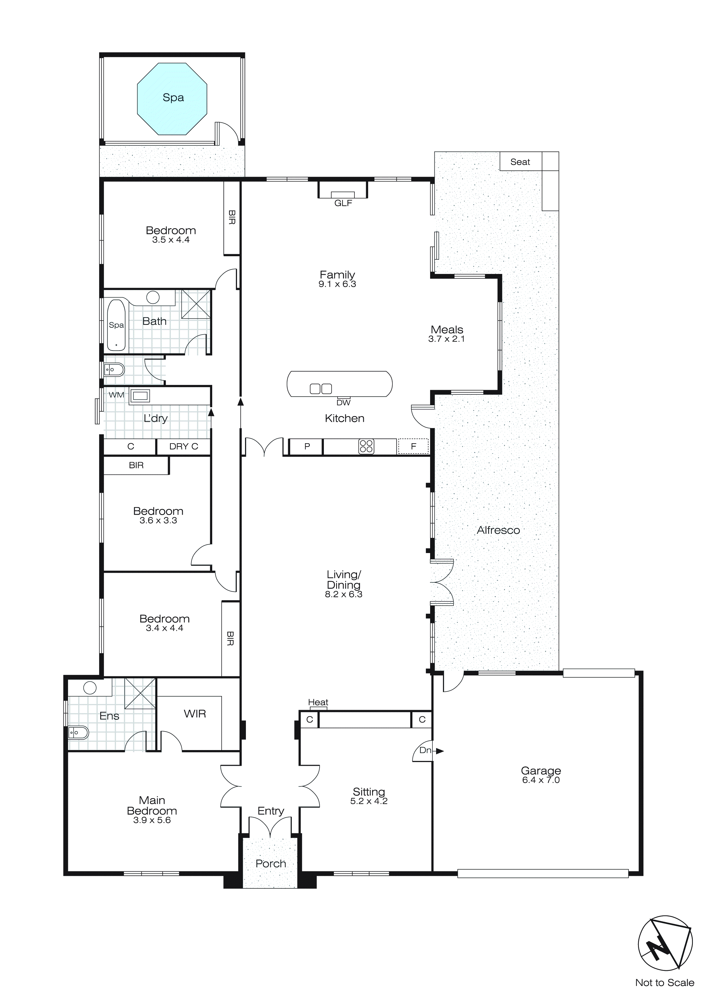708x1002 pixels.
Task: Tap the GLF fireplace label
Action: [343, 203]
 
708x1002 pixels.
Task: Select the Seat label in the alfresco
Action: [520, 162]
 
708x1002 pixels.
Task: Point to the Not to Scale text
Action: [664, 983]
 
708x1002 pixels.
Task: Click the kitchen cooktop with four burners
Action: [366, 446]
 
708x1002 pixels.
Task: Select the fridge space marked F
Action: [413, 446]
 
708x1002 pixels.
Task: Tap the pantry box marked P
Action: [307, 446]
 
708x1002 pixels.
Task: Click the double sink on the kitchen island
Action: [321, 388]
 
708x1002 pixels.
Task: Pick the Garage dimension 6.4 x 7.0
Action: [541, 780]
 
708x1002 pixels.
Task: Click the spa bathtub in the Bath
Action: [117, 325]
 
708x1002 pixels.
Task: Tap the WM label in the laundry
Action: [117, 395]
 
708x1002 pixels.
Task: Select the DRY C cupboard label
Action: [184, 446]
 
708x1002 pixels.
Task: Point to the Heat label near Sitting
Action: [318, 702]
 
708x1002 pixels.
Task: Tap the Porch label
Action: [271, 863]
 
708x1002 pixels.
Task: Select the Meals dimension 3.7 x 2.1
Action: [446, 339]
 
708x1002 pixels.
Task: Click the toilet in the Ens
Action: [78, 733]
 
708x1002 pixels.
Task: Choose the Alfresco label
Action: [498, 530]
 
